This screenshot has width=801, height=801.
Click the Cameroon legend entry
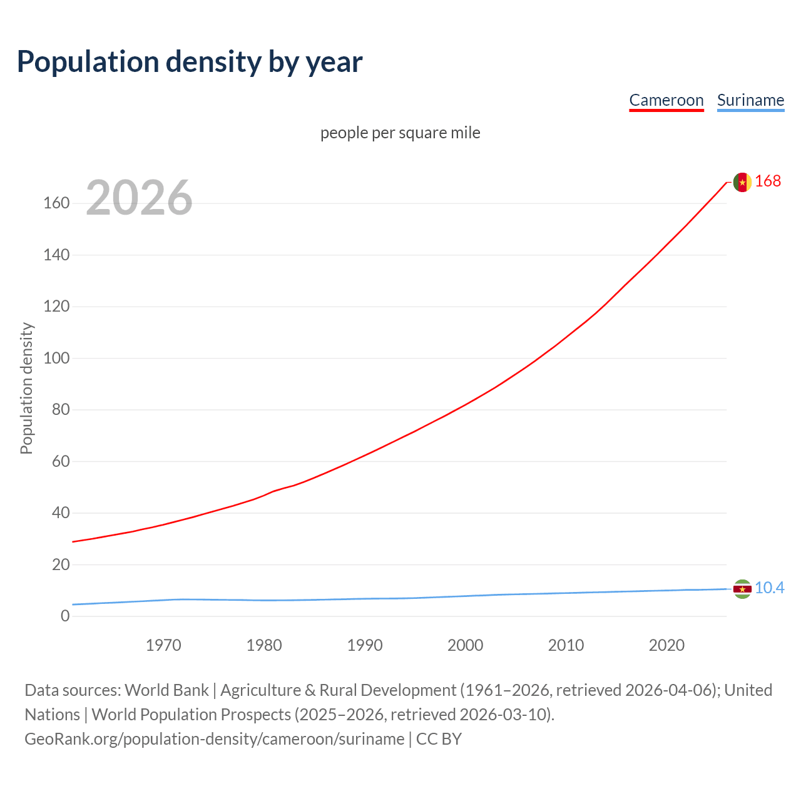click(666, 100)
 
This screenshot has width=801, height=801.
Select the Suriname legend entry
click(750, 100)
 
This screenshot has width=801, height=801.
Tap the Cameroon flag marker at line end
click(742, 182)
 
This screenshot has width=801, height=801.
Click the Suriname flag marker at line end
click(742, 589)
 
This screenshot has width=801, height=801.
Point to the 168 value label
click(768, 181)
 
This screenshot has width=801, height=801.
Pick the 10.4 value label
click(769, 588)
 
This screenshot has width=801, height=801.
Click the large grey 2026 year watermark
click(139, 198)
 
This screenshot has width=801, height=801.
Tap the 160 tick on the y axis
click(56, 203)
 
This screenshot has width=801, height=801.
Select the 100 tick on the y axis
click(56, 359)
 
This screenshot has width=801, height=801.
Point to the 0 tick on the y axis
click(65, 616)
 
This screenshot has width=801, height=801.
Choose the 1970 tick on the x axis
click(163, 645)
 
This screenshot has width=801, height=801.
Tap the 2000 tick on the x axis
click(465, 645)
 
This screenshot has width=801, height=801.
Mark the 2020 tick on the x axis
click(666, 645)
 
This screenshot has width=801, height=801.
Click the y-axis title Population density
click(26, 388)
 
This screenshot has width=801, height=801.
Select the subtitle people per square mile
click(400, 133)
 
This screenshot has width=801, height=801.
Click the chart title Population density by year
click(190, 61)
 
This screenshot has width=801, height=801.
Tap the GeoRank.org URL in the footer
click(214, 739)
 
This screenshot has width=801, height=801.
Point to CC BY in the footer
click(439, 739)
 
